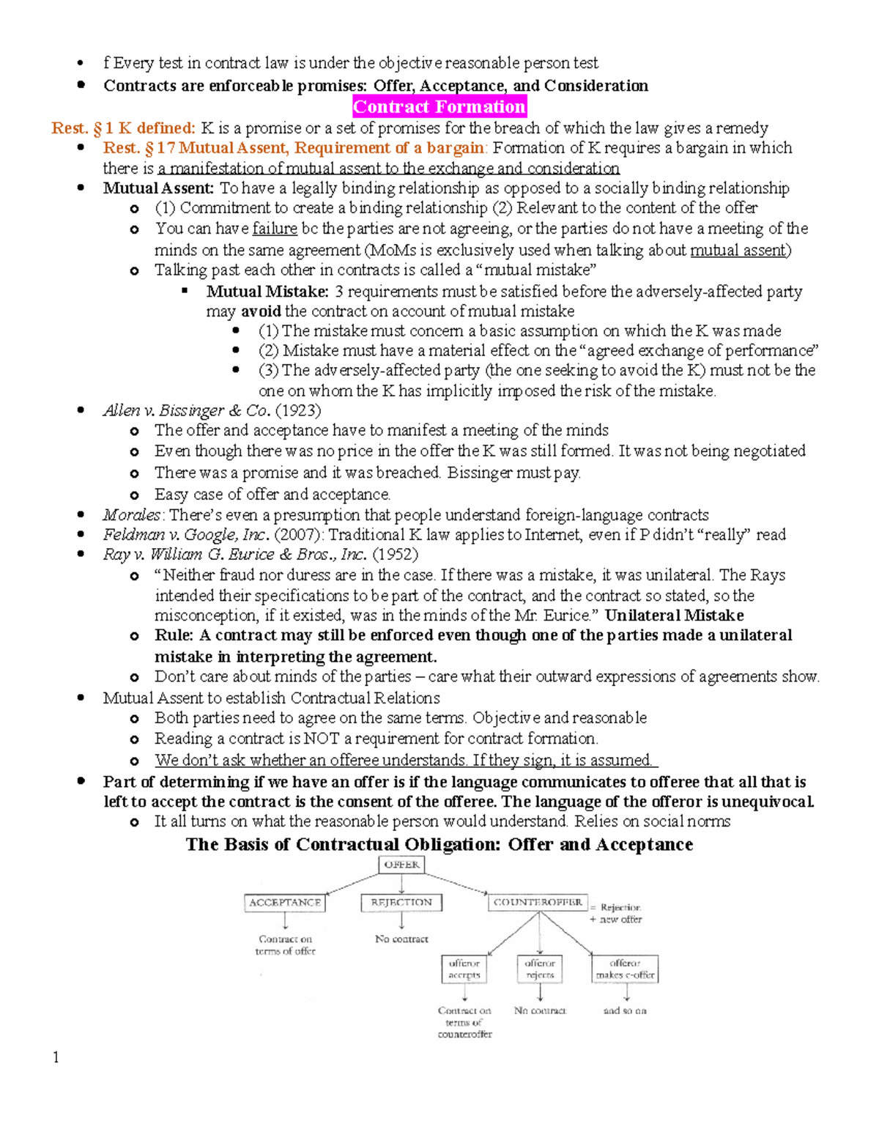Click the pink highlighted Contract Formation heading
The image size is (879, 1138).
click(439, 107)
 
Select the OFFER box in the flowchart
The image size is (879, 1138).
click(401, 865)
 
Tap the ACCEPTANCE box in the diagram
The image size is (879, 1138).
click(285, 903)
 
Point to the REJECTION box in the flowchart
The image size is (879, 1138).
click(401, 903)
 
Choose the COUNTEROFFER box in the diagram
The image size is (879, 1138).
click(538, 903)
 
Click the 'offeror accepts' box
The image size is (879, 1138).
click(464, 969)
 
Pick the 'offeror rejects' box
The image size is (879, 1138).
click(540, 969)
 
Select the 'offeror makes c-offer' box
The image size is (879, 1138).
click(625, 969)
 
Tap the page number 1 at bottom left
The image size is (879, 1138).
click(56, 1057)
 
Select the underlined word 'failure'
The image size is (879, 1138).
click(275, 229)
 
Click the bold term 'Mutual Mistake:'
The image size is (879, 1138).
click(267, 292)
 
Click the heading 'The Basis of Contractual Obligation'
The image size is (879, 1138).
click(439, 845)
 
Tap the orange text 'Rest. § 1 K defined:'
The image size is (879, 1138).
click(123, 128)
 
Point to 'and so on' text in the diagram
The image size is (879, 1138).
click(625, 1010)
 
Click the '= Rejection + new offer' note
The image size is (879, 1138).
click(617, 913)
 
